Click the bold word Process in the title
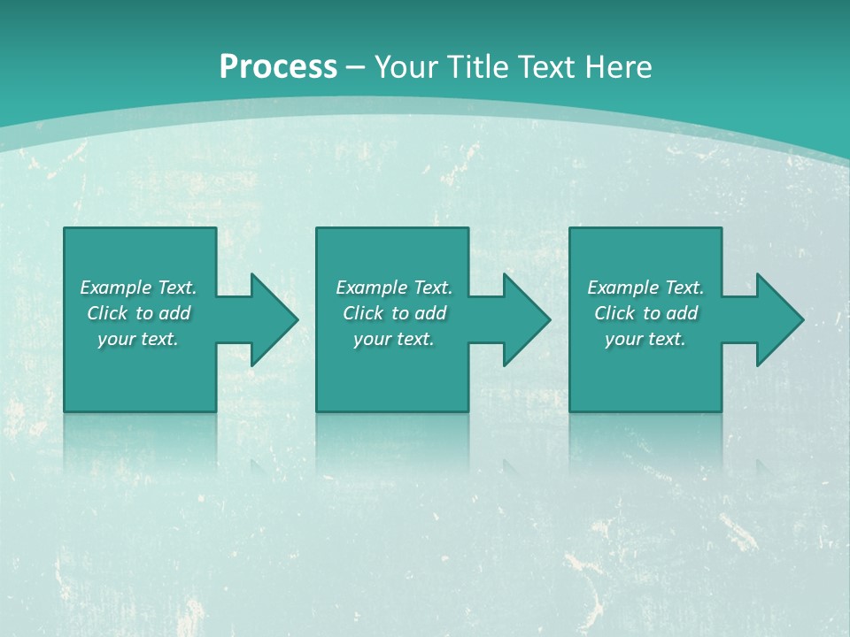point(278,67)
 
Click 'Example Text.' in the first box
point(138,288)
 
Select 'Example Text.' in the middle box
point(394,288)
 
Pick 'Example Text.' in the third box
point(645,288)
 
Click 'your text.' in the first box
point(138,339)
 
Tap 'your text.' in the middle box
point(394,339)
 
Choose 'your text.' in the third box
point(645,339)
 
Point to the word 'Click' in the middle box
point(363,313)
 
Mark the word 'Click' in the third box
point(614,313)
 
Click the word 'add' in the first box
point(174,313)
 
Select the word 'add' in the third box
point(682,313)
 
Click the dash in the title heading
point(356,68)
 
